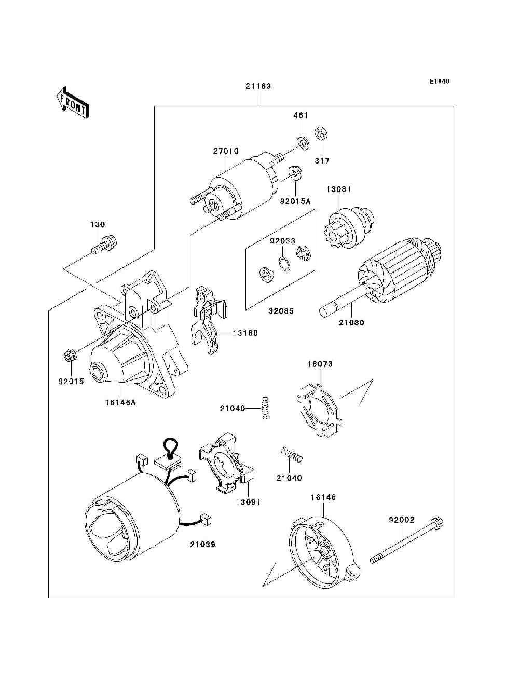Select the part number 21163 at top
pos(258,86)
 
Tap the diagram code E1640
pos(439,82)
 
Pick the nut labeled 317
pos(320,134)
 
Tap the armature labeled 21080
pos(384,280)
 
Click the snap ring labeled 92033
pos(283,263)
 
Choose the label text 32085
pos(281,311)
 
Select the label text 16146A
pos(120,401)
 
